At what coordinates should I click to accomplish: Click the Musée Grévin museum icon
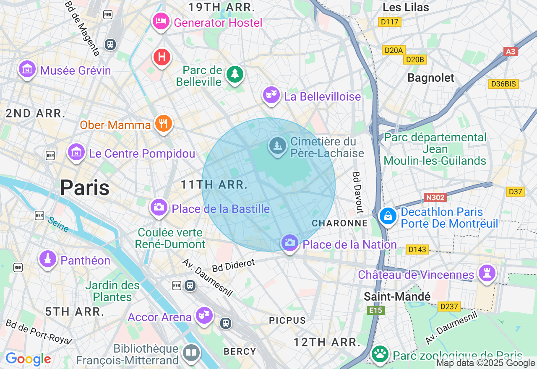click(x=27, y=68)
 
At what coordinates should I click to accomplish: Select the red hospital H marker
click(x=162, y=57)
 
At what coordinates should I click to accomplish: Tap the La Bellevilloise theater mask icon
click(x=271, y=95)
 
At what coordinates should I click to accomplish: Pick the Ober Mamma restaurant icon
click(x=163, y=123)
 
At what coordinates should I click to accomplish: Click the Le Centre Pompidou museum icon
click(x=76, y=152)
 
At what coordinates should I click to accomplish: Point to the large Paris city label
click(x=85, y=187)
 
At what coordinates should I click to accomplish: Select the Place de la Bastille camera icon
click(x=159, y=207)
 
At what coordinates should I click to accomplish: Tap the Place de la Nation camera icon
click(x=289, y=242)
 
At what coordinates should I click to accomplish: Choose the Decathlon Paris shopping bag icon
click(x=388, y=216)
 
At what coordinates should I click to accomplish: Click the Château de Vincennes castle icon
click(x=487, y=273)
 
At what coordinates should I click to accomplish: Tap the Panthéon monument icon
click(x=48, y=259)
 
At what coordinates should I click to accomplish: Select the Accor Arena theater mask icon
click(x=204, y=315)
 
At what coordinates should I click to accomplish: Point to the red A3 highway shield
click(x=510, y=52)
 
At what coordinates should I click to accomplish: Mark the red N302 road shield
click(x=435, y=197)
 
